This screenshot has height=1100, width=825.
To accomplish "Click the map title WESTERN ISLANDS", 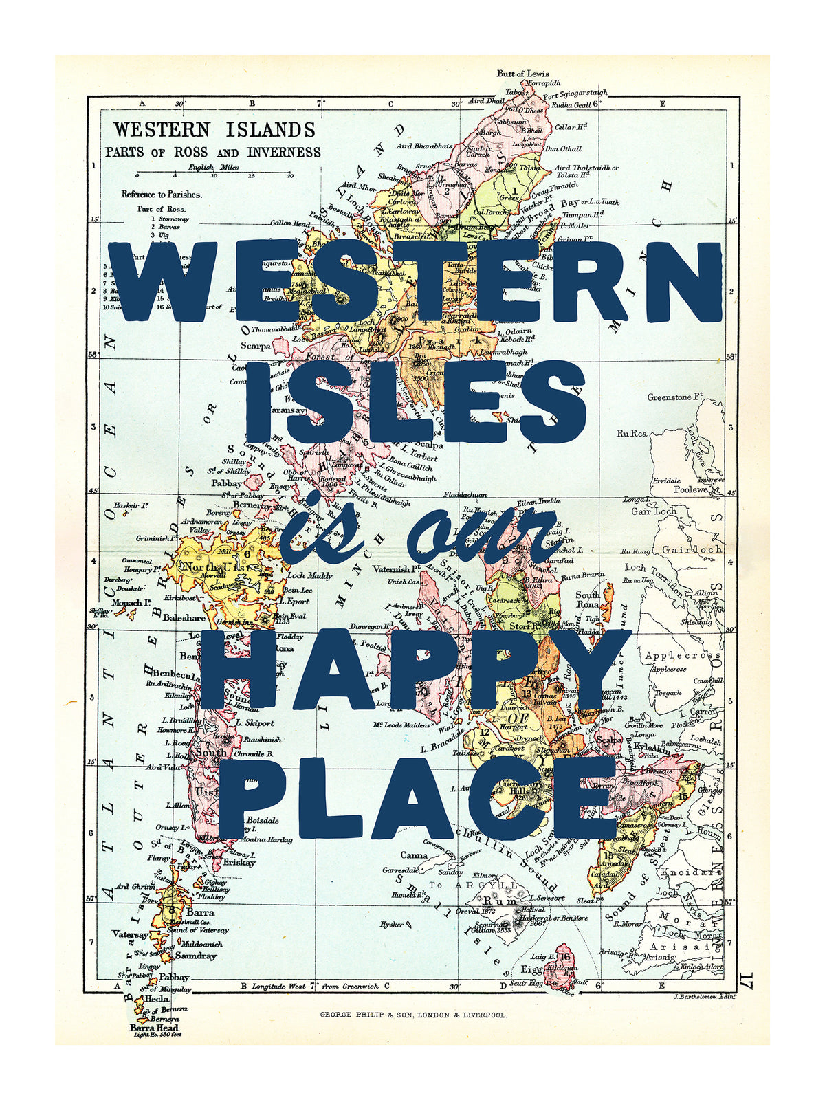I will (x=214, y=130).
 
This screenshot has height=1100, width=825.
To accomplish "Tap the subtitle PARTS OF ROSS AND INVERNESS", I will (x=213, y=152).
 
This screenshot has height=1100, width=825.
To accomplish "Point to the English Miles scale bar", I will (x=213, y=175).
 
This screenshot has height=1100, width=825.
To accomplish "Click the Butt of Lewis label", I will (x=523, y=74).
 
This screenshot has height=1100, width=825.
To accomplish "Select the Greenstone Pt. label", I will (x=677, y=397).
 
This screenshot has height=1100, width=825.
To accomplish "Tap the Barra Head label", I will (x=155, y=1028).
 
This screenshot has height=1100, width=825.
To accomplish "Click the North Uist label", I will (x=206, y=567).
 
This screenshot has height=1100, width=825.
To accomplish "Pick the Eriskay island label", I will (x=239, y=861).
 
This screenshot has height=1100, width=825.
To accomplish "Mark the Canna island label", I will (x=414, y=855).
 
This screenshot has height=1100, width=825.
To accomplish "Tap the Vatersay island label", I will (x=130, y=935).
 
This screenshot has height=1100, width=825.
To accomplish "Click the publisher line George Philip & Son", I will (x=413, y=1015).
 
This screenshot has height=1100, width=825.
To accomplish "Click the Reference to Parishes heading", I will (x=162, y=195).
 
